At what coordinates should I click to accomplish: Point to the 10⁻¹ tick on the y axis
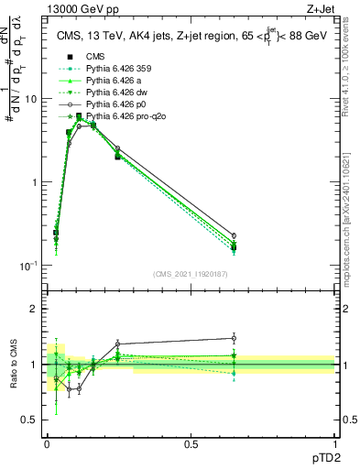pyautogui.click(x=30, y=266)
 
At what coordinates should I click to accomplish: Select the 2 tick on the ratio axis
pyautogui.click(x=35, y=309)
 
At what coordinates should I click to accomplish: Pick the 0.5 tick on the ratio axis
pyautogui.click(x=31, y=420)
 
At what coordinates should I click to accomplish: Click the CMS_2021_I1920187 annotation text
pyautogui.click(x=191, y=273)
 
